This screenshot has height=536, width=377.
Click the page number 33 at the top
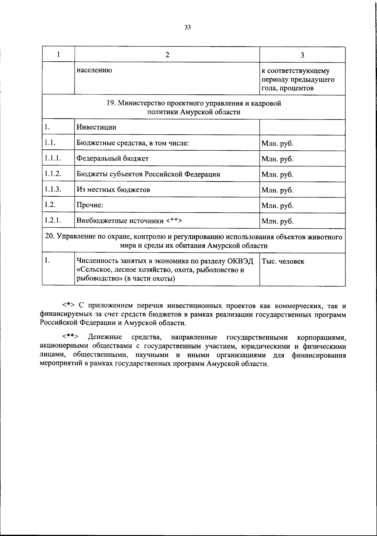point(188,27)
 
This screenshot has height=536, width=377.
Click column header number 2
point(167,55)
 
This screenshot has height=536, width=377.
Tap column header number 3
point(302,55)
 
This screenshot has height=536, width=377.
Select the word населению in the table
point(94,70)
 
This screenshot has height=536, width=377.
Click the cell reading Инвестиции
point(96,127)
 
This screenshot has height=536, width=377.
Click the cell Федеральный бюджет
point(112,158)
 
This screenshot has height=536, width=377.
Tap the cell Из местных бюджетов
point(113,190)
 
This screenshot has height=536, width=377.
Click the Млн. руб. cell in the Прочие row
point(277,206)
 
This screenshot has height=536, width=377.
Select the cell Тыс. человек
point(283,261)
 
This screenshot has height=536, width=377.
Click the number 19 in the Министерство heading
point(111,103)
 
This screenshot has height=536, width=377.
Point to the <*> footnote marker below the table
point(68,305)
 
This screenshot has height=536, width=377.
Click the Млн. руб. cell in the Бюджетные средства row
point(277,144)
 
